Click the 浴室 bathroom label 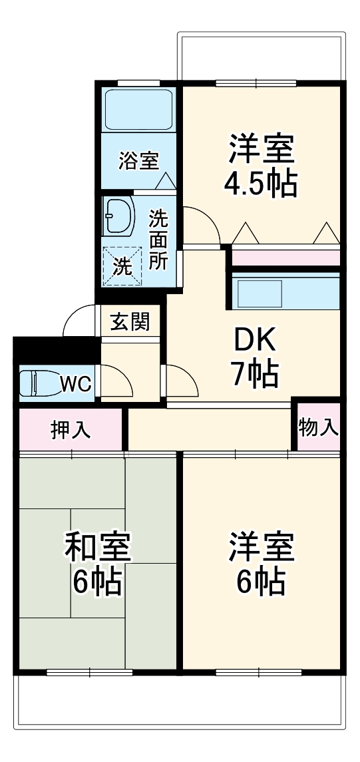138,160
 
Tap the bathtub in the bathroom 139,110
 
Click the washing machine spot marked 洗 122,266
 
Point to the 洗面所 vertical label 158,239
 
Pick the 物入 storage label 318,427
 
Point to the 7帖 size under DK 254,375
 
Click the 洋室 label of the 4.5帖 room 262,150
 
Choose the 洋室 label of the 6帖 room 262,548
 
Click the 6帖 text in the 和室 97,583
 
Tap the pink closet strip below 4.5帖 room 285,257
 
